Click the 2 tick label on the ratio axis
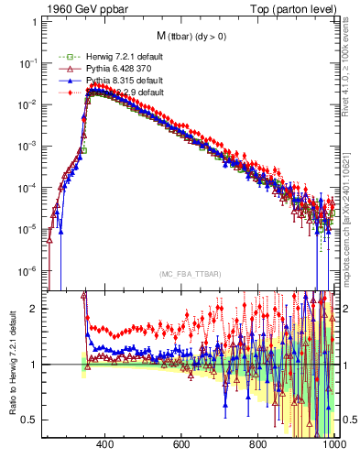tap(36, 309)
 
